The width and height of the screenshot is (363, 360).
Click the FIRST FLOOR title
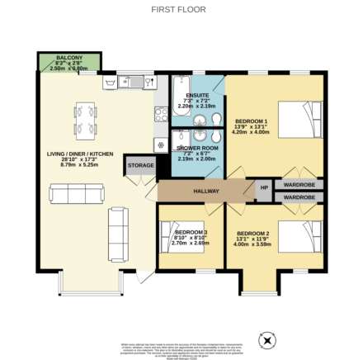[178, 10]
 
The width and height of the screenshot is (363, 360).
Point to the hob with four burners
[161, 144]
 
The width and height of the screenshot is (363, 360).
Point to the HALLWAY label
[205, 191]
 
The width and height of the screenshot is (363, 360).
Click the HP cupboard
[263, 189]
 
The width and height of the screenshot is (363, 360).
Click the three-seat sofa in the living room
[76, 194]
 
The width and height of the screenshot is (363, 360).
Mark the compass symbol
[266, 339]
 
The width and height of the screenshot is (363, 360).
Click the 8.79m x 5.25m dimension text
[79, 164]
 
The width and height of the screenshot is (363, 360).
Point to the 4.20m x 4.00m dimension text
[251, 131]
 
